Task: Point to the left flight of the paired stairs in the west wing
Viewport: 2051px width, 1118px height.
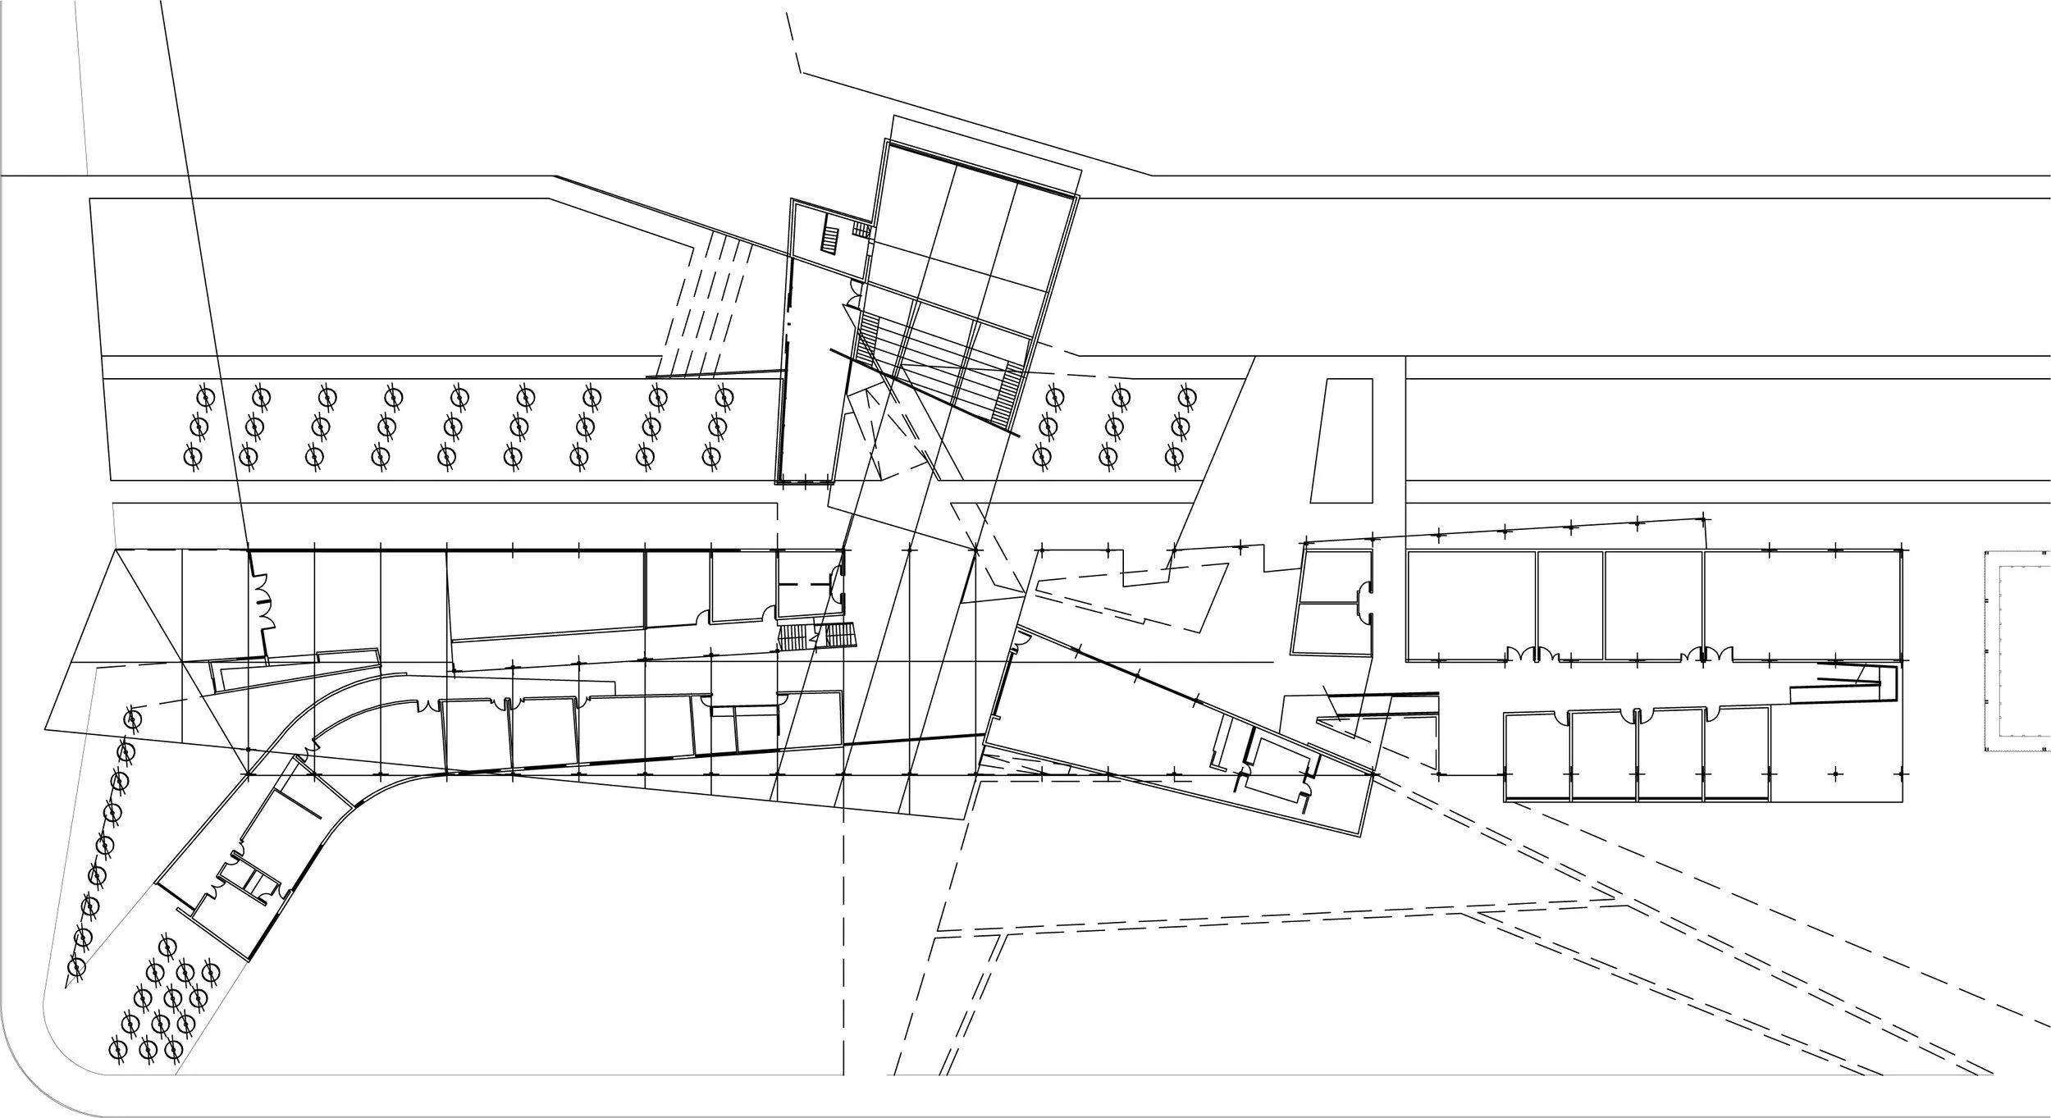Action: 793,637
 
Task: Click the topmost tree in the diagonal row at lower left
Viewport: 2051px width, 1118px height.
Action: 131,719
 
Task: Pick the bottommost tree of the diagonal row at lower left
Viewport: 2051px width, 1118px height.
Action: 76,968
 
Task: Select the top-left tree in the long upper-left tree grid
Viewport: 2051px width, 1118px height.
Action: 206,398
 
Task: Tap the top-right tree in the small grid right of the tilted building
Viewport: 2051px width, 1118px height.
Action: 1185,397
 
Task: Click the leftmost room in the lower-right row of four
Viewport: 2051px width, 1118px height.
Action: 1537,755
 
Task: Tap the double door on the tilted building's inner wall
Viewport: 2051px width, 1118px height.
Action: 854,289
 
